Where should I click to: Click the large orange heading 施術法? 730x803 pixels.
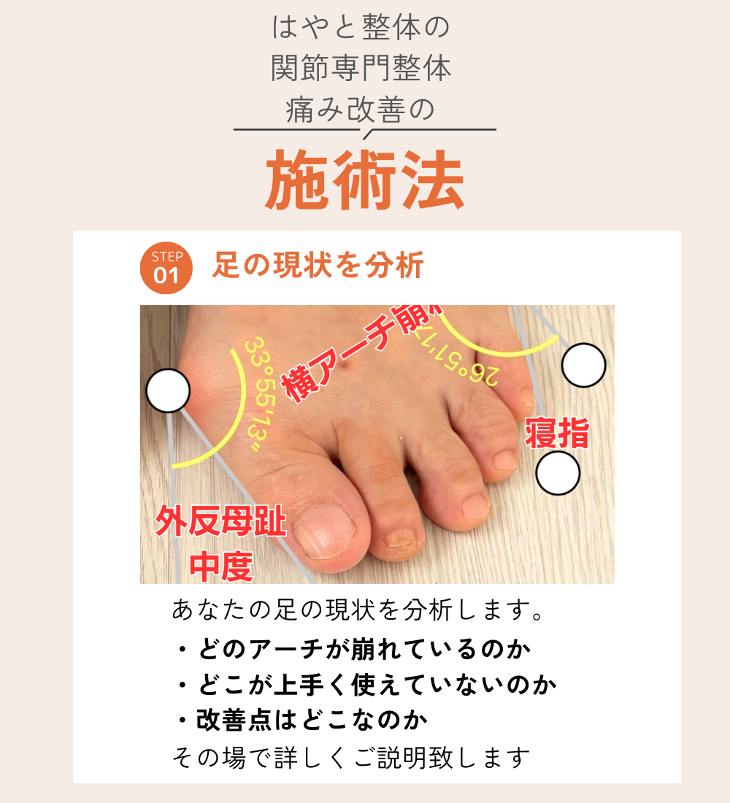(x=364, y=180)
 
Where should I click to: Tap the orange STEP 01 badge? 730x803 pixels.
(x=166, y=268)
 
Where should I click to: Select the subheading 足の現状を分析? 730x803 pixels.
(x=318, y=265)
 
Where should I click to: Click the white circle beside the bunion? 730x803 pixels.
(x=168, y=391)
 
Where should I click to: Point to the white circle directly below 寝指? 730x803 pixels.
(x=558, y=473)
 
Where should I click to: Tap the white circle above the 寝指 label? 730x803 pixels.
(x=583, y=365)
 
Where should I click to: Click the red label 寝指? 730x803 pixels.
(x=557, y=433)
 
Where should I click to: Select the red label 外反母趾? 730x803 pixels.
(x=220, y=520)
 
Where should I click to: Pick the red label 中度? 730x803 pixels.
(x=221, y=566)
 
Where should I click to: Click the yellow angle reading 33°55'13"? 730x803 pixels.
(x=260, y=394)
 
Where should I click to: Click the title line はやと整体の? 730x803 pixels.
(x=361, y=27)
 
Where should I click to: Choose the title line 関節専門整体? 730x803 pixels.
(x=361, y=68)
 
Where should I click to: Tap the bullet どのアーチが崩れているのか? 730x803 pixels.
(x=353, y=649)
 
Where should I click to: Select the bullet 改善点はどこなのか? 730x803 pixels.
(x=301, y=720)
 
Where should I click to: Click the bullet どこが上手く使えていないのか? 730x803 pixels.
(x=366, y=684)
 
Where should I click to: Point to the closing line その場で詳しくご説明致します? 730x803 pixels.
(x=351, y=757)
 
